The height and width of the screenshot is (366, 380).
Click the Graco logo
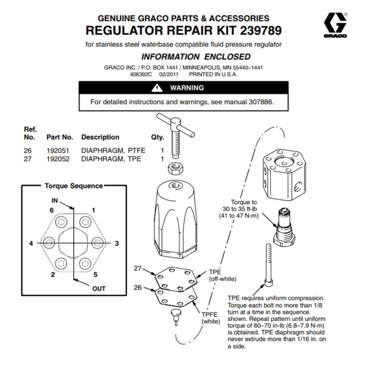[x=335, y=25]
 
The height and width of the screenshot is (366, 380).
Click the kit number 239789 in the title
[x=261, y=30]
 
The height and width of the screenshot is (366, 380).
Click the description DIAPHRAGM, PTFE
[x=113, y=150]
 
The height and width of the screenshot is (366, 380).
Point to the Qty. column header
[x=158, y=137]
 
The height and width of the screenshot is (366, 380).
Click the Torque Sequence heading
[x=74, y=186]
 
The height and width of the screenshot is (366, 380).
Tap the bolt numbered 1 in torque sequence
[x=85, y=222]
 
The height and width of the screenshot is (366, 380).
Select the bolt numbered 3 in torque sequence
[x=97, y=242]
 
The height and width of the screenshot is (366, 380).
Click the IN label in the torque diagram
[x=55, y=201]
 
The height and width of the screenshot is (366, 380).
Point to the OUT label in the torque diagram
[x=99, y=289]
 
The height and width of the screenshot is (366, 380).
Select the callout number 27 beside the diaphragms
[x=138, y=268]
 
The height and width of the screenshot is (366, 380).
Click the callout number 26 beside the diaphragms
[x=138, y=287]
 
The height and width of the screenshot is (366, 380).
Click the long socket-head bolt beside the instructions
[x=268, y=264]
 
